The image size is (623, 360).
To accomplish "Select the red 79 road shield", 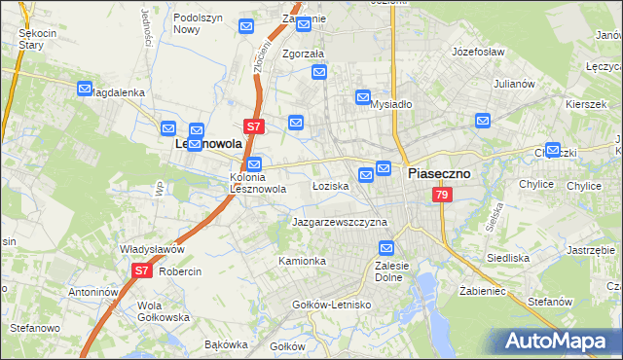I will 443,196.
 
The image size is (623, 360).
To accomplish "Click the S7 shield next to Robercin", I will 141,270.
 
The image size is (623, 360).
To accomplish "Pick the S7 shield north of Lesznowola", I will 253,126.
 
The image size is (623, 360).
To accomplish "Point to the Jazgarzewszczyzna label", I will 340,222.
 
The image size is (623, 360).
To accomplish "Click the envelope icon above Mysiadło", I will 363,97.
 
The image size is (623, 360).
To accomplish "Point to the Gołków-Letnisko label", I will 332,305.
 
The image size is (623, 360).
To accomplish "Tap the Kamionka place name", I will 302,261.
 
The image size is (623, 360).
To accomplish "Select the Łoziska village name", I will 330,185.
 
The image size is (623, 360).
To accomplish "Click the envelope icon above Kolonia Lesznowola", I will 254,164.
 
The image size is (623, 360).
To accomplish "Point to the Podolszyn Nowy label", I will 200,23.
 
